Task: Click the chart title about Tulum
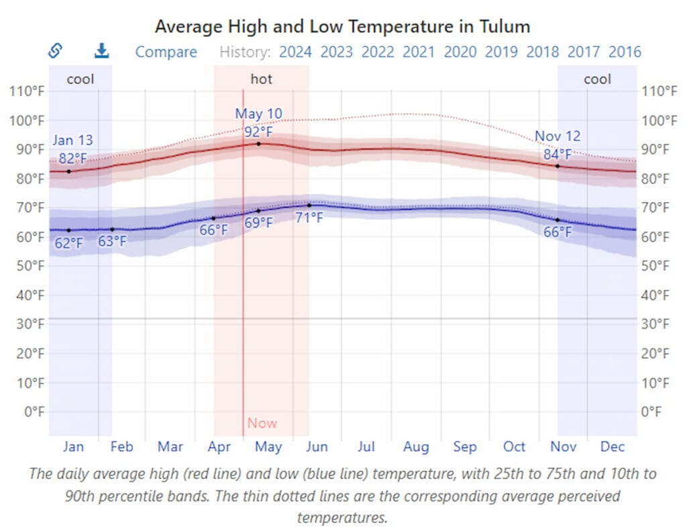click(x=343, y=26)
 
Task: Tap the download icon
click(x=101, y=51)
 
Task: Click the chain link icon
click(x=55, y=51)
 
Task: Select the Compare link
click(x=166, y=52)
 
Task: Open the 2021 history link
click(x=419, y=52)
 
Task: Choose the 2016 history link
click(x=625, y=52)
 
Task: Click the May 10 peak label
click(x=258, y=114)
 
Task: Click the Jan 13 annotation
click(x=72, y=140)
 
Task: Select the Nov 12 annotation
click(x=558, y=136)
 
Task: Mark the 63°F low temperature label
click(x=112, y=241)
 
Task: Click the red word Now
click(x=262, y=423)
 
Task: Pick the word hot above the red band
click(x=262, y=79)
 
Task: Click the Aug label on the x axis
click(x=416, y=447)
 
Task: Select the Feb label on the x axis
click(x=121, y=447)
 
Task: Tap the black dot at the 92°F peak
click(x=258, y=143)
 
